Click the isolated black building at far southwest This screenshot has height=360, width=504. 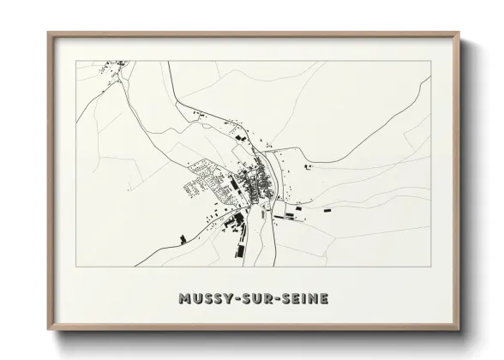(x=181, y=237)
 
